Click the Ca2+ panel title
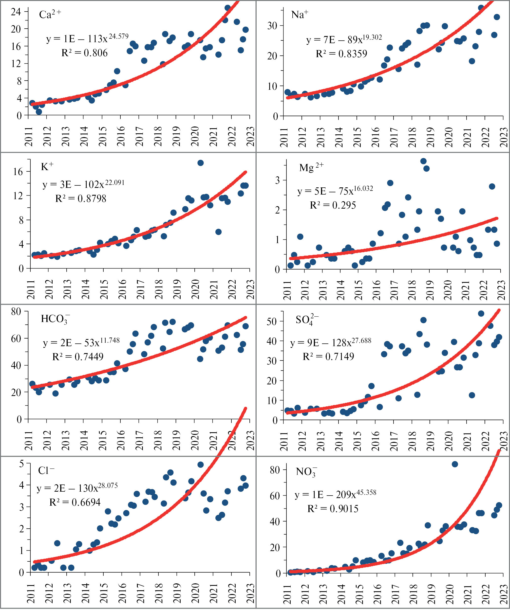coord(50,15)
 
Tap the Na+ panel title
coord(300,15)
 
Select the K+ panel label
coord(47,167)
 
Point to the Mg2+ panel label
coord(311,167)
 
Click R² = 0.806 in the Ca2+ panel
coord(84,53)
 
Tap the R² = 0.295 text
coord(333,205)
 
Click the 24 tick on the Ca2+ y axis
coord(16,12)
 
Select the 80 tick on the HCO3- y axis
coord(16,312)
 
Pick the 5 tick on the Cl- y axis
coord(21,464)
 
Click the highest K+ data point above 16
coord(201,163)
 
